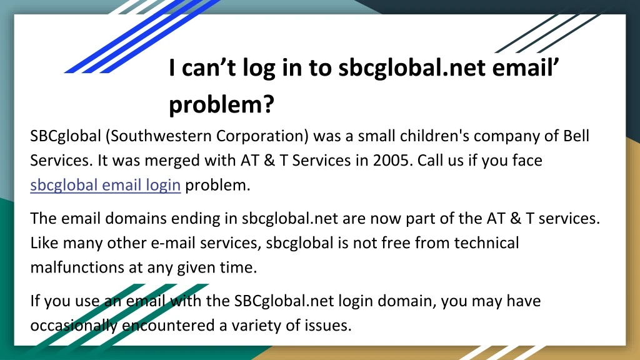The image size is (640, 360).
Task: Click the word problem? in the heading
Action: pos(222,105)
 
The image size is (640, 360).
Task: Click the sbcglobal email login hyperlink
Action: pos(105,185)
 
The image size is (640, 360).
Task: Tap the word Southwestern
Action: pos(158,136)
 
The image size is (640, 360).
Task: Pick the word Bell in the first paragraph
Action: pos(576,136)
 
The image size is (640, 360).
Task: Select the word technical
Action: pos(486,243)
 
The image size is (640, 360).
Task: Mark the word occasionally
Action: pos(74,326)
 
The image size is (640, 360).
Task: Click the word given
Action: pos(196,267)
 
